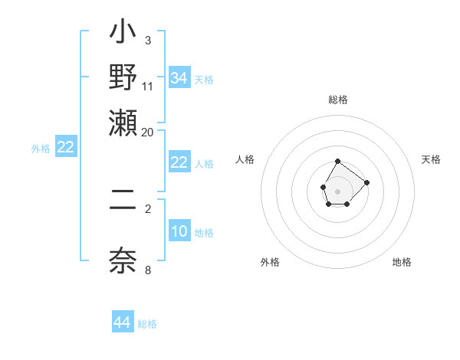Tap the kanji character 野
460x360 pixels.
(123, 77)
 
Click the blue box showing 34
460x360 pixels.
(179, 78)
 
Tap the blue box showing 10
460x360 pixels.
(179, 231)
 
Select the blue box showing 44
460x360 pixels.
(123, 322)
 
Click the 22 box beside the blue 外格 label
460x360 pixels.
(66, 148)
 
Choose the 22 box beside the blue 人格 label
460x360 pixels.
(179, 162)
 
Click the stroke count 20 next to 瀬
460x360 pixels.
(147, 133)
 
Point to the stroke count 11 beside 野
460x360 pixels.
(147, 86)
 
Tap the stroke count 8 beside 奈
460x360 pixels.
(147, 269)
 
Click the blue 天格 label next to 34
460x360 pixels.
(204, 80)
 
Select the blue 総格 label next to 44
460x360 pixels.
(147, 324)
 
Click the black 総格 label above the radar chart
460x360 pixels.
(338, 100)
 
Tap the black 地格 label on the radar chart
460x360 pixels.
(402, 263)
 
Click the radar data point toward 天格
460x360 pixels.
(366, 182)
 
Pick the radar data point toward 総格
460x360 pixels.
(337, 162)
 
